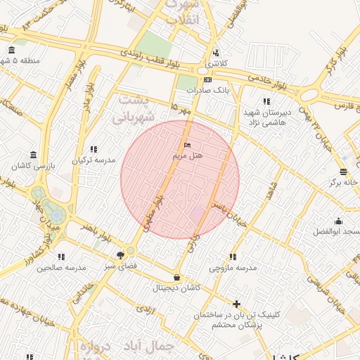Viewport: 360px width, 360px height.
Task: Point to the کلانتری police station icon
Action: [216, 53]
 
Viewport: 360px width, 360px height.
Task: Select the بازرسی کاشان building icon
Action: [33, 155]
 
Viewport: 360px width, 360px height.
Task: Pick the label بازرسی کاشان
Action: [33, 166]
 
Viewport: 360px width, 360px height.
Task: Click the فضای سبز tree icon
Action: [121, 255]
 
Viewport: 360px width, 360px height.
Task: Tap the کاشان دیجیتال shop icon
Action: [176, 277]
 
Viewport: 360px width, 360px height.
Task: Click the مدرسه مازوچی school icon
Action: [233, 257]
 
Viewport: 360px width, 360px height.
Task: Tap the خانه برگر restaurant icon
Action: [343, 172]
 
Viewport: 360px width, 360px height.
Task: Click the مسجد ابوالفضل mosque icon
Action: [339, 221]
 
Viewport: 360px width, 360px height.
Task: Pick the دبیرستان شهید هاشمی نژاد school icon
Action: [266, 101]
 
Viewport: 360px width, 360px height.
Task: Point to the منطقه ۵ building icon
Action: [11, 50]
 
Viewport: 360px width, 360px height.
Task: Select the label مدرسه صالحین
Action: [61, 268]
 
